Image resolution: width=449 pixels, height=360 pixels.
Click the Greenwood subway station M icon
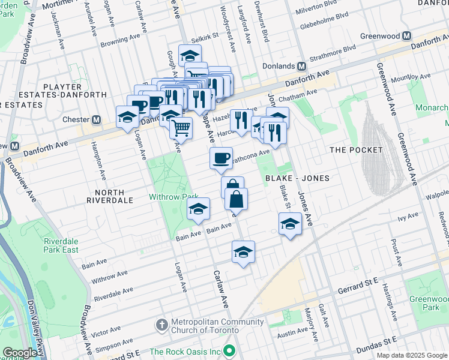tap(406, 36)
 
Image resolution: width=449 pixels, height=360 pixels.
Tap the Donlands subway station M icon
tap(301, 66)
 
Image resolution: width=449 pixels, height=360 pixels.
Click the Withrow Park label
tap(173, 197)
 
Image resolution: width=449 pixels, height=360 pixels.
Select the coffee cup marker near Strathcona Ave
tap(221, 158)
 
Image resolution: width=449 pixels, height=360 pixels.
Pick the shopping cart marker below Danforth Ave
tap(181, 127)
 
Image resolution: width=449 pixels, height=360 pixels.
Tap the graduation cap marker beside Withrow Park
tap(198, 209)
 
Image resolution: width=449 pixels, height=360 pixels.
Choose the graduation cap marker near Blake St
tap(290, 224)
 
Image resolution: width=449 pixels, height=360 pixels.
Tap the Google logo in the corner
tap(19, 353)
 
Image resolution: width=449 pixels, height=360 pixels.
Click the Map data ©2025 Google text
tap(411, 355)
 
